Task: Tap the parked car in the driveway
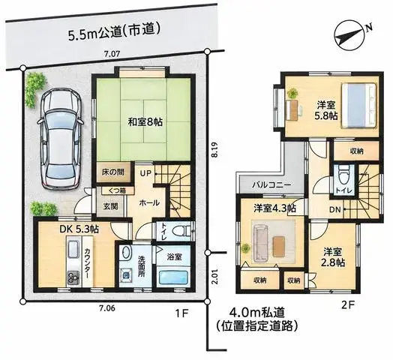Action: [x=60, y=139]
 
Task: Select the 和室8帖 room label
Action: [x=145, y=122]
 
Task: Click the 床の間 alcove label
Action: [x=113, y=172]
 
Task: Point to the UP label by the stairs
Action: [x=145, y=173]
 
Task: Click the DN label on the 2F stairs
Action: [x=335, y=209]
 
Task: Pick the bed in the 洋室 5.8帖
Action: [x=359, y=106]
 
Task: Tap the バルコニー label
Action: [x=271, y=185]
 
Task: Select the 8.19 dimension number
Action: [x=214, y=150]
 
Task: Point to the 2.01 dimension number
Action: [x=214, y=277]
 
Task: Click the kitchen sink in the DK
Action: [x=73, y=249]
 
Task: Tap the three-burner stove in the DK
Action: [x=73, y=277]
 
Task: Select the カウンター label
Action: [x=87, y=262]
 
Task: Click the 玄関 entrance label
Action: [x=110, y=206]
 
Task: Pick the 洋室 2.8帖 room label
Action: [x=333, y=257]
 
